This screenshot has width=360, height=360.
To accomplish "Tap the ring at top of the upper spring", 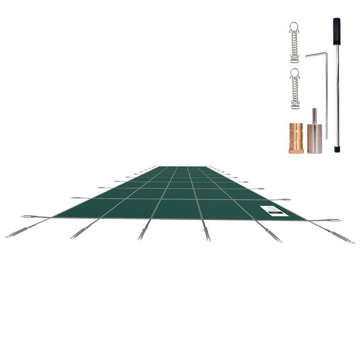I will pyautogui.click(x=294, y=26).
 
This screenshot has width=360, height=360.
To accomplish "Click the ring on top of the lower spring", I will pyautogui.click(x=294, y=72).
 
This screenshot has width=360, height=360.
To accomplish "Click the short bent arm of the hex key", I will pyautogui.click(x=316, y=55).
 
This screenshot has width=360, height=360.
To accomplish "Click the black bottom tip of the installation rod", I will pyautogui.click(x=337, y=149).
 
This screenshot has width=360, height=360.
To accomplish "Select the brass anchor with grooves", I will pyautogui.click(x=296, y=137).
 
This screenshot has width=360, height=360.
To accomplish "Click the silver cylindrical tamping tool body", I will pyautogui.click(x=314, y=139).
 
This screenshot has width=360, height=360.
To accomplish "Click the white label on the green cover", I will pyautogui.click(x=273, y=211).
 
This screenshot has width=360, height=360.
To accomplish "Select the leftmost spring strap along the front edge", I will pyautogui.click(x=17, y=232).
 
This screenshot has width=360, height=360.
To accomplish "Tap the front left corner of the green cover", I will pyautogui.click(x=54, y=217).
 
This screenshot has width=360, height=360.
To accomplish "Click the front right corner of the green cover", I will pyautogui.click(x=305, y=219).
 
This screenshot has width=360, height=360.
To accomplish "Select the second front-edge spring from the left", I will pyautogui.click(x=81, y=232).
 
